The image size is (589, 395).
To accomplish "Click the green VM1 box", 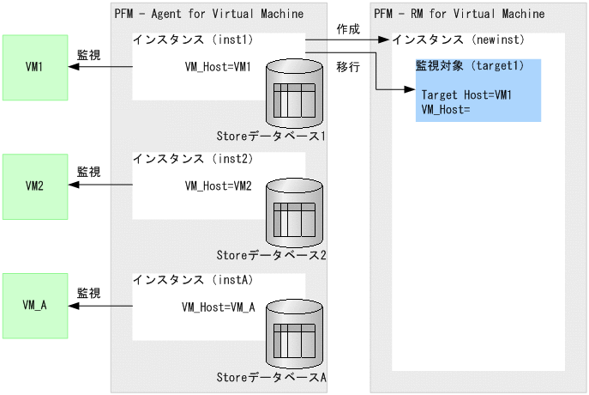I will click(34, 66).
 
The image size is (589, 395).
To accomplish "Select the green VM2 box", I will click(34, 185).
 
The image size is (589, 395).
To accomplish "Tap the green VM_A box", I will click(34, 304).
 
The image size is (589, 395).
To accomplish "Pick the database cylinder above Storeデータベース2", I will click(294, 211).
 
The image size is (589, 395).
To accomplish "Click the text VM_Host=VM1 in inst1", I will click(218, 67).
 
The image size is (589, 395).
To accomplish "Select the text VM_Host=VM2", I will click(218, 186).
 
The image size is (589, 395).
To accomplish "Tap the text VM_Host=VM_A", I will click(219, 307).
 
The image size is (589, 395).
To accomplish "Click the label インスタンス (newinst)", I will click(458, 40).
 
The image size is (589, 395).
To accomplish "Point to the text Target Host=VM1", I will click(466, 94).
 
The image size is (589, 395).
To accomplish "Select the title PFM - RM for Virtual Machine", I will click(459, 14).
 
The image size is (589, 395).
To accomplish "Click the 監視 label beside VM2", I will click(88, 172).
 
